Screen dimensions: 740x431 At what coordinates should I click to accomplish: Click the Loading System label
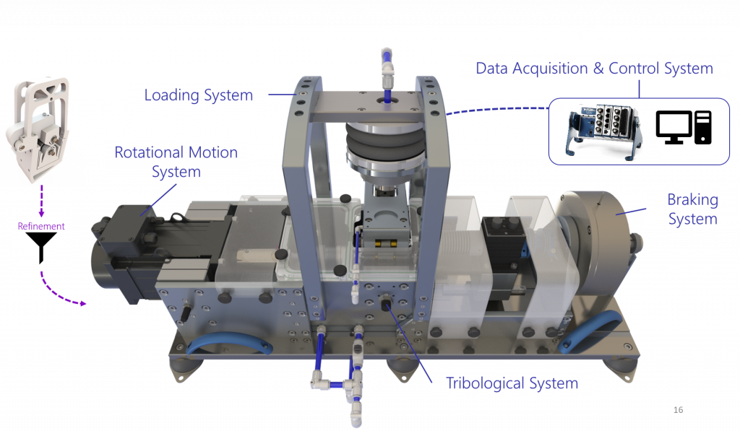point(198,95)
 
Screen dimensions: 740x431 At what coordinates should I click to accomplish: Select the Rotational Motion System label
point(176,162)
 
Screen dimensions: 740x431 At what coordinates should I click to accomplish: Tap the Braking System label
point(692,209)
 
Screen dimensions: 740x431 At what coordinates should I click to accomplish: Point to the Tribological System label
point(512,383)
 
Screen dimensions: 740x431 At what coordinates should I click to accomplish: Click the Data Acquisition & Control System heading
point(594,69)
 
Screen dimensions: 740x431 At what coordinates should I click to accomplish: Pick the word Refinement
point(41,227)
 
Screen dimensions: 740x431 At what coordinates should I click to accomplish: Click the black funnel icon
point(41,247)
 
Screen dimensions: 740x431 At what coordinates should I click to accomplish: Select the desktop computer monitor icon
point(674,127)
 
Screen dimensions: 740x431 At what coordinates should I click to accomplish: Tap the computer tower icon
point(702,127)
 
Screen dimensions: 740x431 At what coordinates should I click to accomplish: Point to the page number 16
point(678,410)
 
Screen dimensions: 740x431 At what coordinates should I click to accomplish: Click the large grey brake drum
point(595,245)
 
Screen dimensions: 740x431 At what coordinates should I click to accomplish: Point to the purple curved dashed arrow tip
point(85,304)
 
